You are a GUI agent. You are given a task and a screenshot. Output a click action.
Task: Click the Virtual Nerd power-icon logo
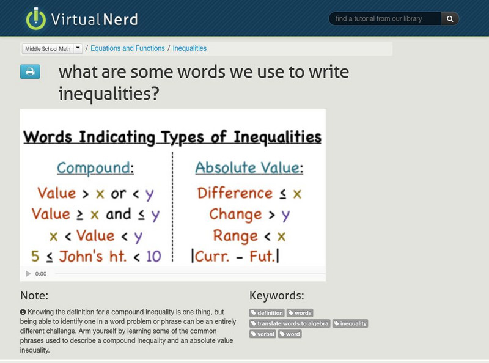click(x=36, y=18)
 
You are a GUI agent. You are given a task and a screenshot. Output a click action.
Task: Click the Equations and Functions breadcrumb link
click(x=128, y=48)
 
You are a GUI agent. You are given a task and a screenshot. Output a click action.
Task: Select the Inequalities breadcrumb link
click(x=189, y=48)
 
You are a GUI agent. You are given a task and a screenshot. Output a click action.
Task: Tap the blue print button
click(x=29, y=72)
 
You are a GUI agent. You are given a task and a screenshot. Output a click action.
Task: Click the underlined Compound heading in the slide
click(x=94, y=168)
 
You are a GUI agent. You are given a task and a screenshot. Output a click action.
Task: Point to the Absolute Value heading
click(x=248, y=168)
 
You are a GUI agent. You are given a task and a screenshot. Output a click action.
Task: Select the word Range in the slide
click(x=235, y=236)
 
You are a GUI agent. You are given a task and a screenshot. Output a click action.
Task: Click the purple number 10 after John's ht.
click(x=153, y=256)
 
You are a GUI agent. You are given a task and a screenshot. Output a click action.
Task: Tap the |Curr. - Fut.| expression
click(x=235, y=256)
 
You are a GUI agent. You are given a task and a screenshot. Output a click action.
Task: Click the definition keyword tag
click(x=267, y=313)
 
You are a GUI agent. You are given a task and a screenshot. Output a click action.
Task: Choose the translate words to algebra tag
click(x=290, y=323)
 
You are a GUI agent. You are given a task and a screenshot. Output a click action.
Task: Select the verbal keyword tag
click(x=263, y=334)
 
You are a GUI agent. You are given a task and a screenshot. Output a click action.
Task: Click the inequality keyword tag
click(x=350, y=323)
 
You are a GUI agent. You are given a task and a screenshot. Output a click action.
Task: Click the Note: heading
click(x=34, y=296)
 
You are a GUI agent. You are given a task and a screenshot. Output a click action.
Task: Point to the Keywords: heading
click(x=277, y=296)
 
